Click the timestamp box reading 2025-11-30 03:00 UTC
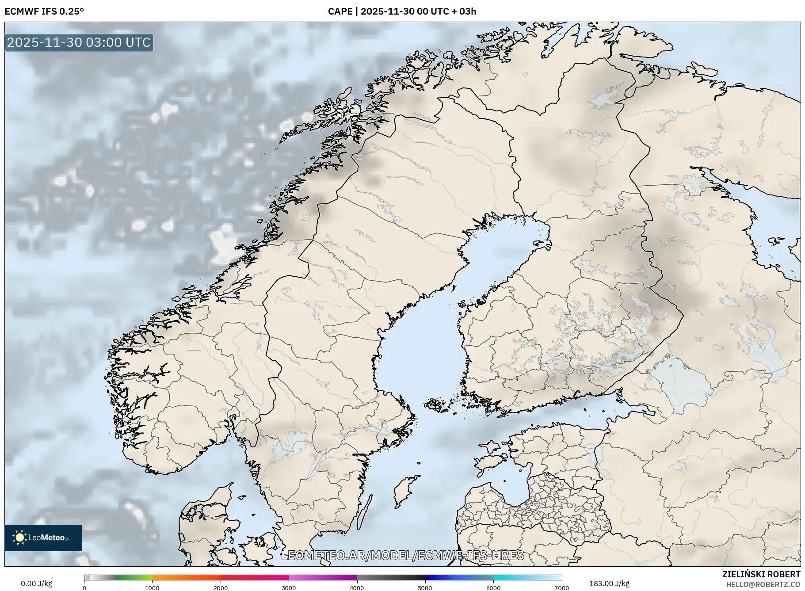click(x=79, y=42)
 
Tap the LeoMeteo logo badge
click(x=43, y=538)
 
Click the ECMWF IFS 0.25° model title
click(x=44, y=11)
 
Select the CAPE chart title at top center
click(x=402, y=11)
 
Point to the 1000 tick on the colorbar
click(x=152, y=587)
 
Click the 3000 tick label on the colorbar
click(x=289, y=587)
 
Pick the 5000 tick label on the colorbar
click(x=425, y=587)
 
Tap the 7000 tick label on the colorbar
click(x=561, y=587)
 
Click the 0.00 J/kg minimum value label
click(x=36, y=583)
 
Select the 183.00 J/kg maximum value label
click(x=609, y=583)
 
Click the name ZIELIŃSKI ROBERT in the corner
click(x=761, y=574)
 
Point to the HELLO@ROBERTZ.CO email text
click(x=763, y=584)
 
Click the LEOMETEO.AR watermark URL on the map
click(x=402, y=555)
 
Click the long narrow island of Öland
click(x=364, y=513)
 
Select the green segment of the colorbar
click(x=135, y=577)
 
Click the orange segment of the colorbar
click(x=186, y=577)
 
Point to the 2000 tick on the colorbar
click(x=221, y=587)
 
